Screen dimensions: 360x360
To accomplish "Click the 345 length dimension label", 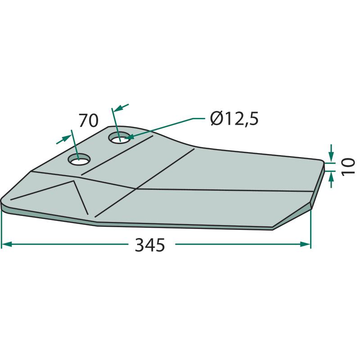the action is point(150,245).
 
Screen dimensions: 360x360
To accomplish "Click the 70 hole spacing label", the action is point(88,120).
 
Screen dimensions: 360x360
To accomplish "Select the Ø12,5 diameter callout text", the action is point(234,118).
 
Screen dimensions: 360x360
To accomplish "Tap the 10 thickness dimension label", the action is point(348,166).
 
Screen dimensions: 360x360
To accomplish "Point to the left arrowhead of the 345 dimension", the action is point(6,244).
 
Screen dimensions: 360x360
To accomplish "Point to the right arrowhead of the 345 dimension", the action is point(306,244).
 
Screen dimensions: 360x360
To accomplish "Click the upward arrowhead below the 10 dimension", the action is point(331,176).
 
